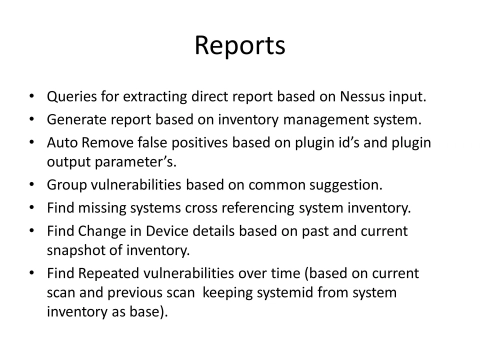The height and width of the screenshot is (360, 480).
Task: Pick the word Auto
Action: [63, 142]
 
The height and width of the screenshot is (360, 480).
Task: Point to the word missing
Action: [102, 208]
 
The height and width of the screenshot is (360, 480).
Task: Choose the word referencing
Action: [243, 208]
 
